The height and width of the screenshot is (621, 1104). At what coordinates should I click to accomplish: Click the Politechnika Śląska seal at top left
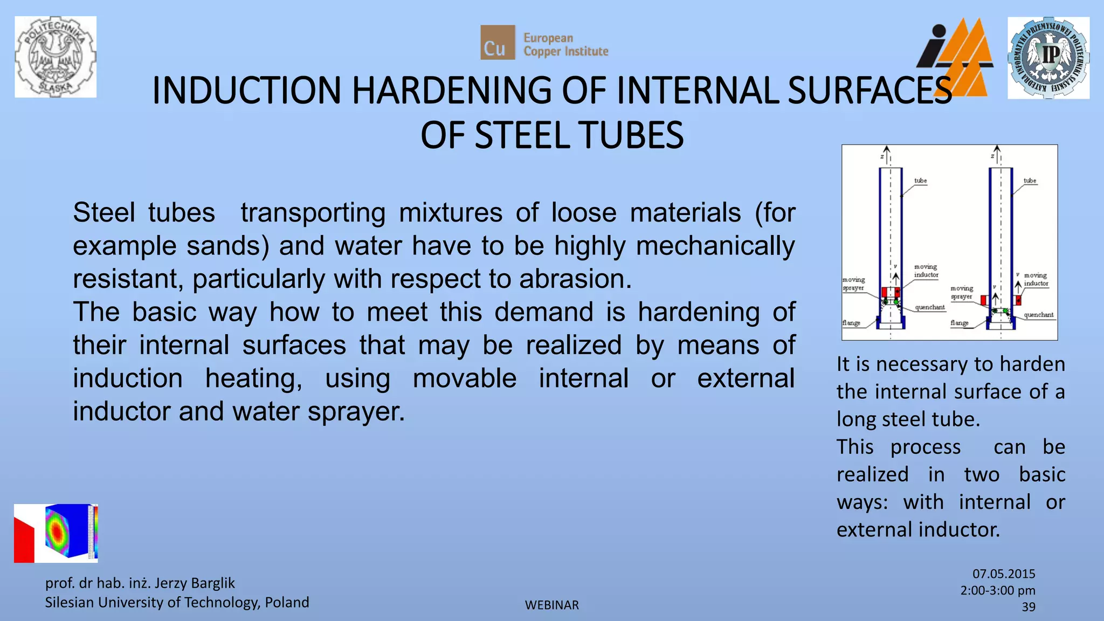(x=56, y=57)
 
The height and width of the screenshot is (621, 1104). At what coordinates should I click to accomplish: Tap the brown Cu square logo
(x=497, y=43)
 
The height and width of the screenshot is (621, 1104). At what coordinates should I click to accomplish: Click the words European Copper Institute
(x=565, y=45)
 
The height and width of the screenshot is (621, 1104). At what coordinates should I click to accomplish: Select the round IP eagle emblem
(x=1048, y=58)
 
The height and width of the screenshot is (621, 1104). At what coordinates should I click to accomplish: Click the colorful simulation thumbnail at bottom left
(x=56, y=534)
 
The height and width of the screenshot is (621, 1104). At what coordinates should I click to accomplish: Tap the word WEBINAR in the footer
(x=551, y=605)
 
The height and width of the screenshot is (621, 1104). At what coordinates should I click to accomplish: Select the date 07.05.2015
(x=1004, y=574)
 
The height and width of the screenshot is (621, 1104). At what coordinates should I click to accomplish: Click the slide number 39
(x=1028, y=607)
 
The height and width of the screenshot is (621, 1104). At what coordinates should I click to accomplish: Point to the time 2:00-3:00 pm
(x=997, y=590)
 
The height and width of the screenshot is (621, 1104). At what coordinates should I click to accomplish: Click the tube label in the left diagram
(x=920, y=181)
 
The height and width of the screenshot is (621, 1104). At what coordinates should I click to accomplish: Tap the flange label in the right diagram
(x=959, y=323)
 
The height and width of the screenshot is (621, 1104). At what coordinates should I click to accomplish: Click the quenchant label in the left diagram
(x=929, y=307)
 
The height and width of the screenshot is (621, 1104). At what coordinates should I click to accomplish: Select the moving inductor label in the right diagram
(x=1036, y=279)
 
